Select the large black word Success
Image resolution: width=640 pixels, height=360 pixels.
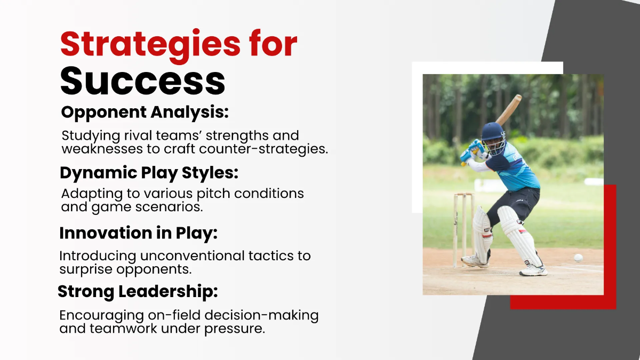(142, 82)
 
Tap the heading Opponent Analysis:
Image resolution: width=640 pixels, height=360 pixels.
(145, 113)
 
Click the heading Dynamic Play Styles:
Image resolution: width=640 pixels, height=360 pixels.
(149, 173)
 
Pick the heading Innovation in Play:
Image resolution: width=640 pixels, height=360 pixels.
(139, 234)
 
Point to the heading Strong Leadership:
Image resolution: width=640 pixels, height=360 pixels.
(138, 292)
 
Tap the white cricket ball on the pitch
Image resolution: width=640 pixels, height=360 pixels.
(578, 258)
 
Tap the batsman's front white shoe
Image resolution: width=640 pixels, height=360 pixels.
(533, 271)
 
